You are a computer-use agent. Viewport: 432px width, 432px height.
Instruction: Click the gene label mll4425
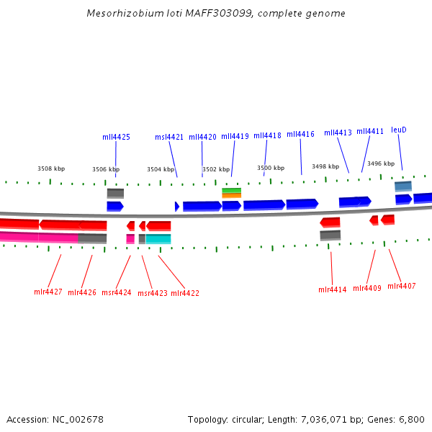pos(116,137)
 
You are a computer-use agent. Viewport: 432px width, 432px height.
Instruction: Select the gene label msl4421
pos(169,137)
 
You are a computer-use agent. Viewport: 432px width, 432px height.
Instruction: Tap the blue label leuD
pos(399,130)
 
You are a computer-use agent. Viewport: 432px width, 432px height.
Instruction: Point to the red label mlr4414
pos(333,289)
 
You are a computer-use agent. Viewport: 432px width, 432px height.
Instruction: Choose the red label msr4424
pos(117,292)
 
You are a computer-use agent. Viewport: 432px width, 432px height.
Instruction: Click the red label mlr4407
pos(402,286)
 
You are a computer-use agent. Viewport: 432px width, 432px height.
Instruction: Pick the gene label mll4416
pos(300,134)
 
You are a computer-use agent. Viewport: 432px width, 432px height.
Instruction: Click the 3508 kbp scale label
pos(51,168)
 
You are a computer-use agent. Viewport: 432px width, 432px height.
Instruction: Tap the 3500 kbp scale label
pos(271,168)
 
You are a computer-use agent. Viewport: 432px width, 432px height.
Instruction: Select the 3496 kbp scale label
pos(381,163)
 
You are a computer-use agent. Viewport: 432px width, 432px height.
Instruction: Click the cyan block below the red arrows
pos(158,238)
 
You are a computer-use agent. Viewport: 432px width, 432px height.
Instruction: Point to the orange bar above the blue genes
pos(231,195)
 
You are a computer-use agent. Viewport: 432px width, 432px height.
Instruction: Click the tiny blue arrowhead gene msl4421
pos(177,207)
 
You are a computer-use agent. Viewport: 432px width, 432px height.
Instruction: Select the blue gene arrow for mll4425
pos(115,206)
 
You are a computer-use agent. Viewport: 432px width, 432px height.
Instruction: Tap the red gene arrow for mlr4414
pos(330,222)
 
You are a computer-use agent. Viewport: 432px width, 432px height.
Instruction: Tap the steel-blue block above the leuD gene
pos(403,186)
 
